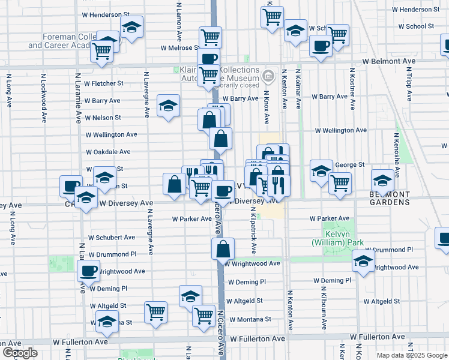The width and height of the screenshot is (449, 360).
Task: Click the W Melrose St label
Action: [x=178, y=48]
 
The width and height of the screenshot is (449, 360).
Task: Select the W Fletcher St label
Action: [x=103, y=83]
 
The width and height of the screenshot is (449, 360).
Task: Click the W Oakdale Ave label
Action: [x=108, y=152]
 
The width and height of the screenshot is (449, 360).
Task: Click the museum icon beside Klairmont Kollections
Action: [x=268, y=76]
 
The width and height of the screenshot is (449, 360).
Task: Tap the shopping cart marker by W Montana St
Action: [x=204, y=314]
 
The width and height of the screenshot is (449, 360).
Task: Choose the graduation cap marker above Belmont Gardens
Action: [x=382, y=179]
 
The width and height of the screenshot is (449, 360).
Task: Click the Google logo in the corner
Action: [x=20, y=353]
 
